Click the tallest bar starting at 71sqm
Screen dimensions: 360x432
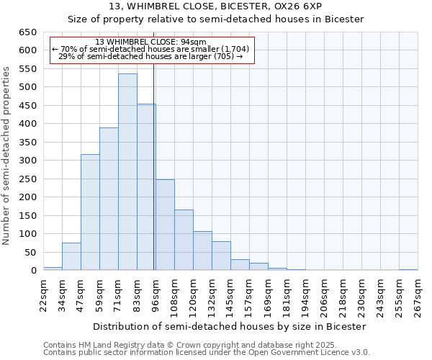[127, 172]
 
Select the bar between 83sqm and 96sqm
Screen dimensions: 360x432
[146, 187]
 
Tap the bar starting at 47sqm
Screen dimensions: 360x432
[90, 212]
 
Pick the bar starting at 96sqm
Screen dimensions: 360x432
[165, 225]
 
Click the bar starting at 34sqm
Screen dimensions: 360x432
[71, 256]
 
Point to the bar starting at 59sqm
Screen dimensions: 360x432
[109, 199]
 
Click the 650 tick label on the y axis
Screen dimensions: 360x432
[27, 32]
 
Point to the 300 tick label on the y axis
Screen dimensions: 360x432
[27, 161]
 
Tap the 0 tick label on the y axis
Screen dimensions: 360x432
[33, 271]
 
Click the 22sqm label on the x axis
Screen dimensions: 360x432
[44, 293]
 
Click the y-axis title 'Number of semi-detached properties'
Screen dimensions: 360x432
[7, 155]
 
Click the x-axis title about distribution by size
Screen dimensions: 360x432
[230, 326]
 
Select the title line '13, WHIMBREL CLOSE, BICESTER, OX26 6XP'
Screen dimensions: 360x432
[216, 6]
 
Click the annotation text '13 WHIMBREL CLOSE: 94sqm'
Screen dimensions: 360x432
[151, 42]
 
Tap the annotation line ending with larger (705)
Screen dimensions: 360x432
[151, 56]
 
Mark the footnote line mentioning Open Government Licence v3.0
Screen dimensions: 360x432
[207, 353]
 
